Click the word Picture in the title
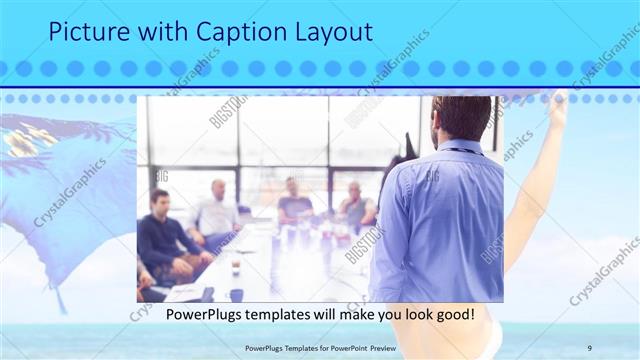pos(89,32)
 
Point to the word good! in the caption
pos(452,315)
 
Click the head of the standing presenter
pos(461,117)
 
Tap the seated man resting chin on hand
pos(354,205)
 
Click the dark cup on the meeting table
pos(235,294)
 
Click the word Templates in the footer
pos(289,348)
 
